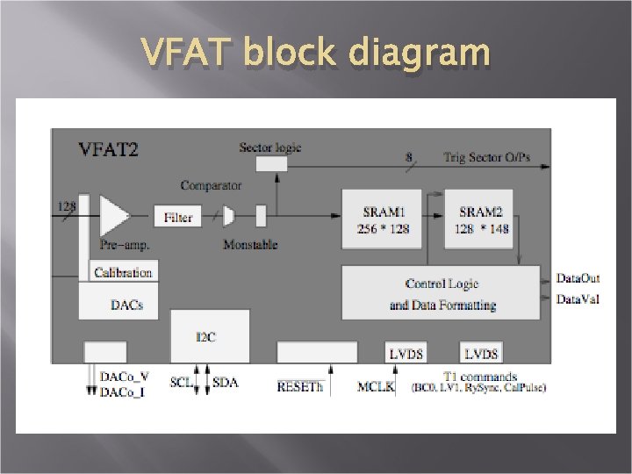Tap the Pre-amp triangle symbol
(113, 215)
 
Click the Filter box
(177, 216)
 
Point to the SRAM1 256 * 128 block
(381, 219)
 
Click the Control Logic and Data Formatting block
(442, 293)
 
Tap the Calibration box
(123, 272)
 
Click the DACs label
(126, 305)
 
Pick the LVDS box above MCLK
(406, 353)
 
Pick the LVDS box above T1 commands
(481, 353)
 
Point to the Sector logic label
(269, 147)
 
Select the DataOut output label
(578, 278)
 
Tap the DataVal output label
(578, 299)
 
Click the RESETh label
(300, 385)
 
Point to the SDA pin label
(226, 383)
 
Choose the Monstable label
(249, 244)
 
